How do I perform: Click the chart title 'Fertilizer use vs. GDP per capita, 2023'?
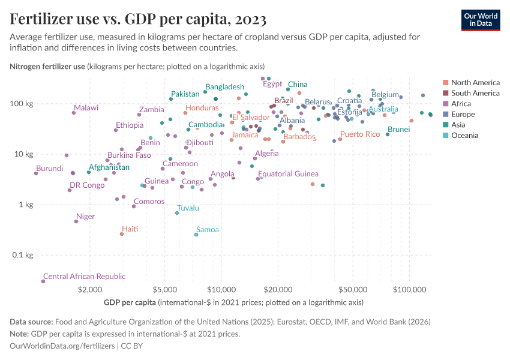pyautogui.click(x=139, y=19)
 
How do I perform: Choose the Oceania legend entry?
pyautogui.click(x=464, y=136)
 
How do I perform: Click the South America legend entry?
pyautogui.click(x=475, y=93)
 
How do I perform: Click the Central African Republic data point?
pyautogui.click(x=43, y=281)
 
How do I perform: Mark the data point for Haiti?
pyautogui.click(x=122, y=234)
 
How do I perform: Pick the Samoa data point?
pyautogui.click(x=196, y=235)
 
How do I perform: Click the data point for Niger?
pyautogui.click(x=76, y=221)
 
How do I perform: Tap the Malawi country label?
pyautogui.click(x=86, y=108)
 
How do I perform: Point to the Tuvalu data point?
pyautogui.click(x=177, y=213)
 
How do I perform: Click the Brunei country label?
pyautogui.click(x=399, y=130)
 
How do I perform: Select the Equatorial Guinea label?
pyautogui.click(x=288, y=174)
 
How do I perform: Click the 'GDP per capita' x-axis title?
pyautogui.click(x=130, y=302)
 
